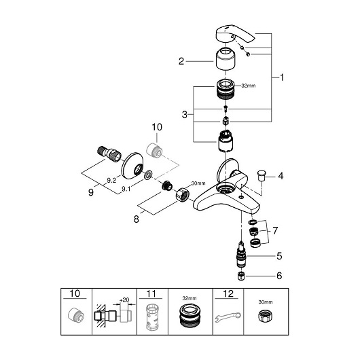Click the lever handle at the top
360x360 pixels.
click(x=234, y=35)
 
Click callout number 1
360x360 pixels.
click(x=282, y=77)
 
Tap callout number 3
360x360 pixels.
click(x=185, y=115)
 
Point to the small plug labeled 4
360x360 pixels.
click(x=261, y=176)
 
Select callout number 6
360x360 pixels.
click(x=279, y=276)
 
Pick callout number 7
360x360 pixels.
click(x=275, y=230)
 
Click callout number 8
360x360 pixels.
click(x=137, y=219)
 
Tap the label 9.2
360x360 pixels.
click(x=111, y=181)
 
